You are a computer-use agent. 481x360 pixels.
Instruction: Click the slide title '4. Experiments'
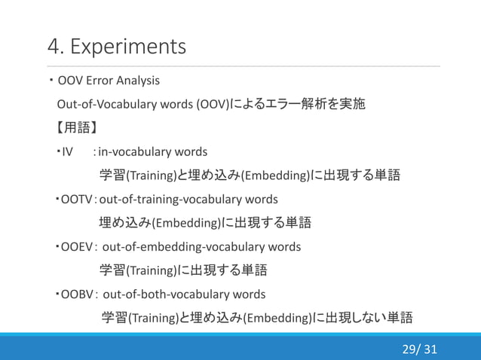click(116, 47)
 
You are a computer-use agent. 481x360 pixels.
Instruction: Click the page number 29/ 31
click(419, 349)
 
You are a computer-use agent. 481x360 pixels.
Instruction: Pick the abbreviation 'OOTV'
click(75, 200)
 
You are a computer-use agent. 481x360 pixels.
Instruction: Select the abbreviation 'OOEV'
click(76, 247)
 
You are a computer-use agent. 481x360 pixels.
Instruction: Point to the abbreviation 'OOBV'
click(76, 294)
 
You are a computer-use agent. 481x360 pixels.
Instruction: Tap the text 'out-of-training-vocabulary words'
click(188, 200)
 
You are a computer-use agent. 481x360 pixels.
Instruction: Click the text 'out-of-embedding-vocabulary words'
click(201, 247)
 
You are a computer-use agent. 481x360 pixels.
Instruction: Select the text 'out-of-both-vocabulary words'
click(184, 294)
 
